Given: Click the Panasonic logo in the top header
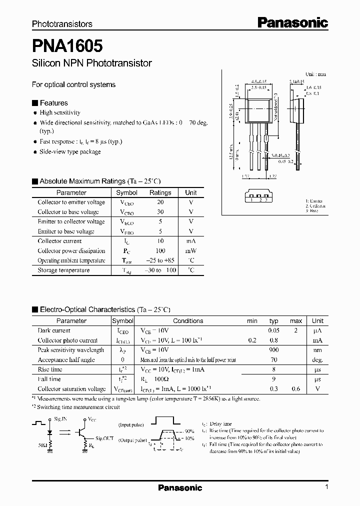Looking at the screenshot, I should point(292,22).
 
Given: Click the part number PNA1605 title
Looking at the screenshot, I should point(67,46).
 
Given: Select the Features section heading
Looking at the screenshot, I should point(53,103).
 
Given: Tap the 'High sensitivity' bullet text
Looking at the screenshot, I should point(60,113).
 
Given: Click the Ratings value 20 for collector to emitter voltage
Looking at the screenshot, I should point(160,202).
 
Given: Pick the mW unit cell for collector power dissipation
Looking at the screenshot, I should point(191,251).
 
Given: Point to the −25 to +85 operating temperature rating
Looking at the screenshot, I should point(160,260).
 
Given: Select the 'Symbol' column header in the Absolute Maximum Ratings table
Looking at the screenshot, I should point(126,192).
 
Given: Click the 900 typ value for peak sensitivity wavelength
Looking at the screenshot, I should point(273,350).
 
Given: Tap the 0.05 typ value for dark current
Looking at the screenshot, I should point(273,330).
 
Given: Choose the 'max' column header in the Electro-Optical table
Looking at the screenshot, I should point(296,321).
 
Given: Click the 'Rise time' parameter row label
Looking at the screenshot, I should point(50,369).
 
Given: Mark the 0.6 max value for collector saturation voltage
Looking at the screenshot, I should point(296,389).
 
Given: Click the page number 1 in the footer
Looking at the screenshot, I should point(326,487).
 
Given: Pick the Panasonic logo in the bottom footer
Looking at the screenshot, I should point(180,488).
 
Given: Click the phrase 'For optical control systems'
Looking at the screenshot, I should point(73,84).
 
